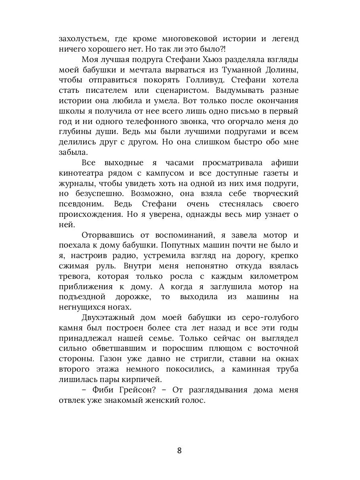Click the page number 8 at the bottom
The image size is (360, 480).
coord(180,450)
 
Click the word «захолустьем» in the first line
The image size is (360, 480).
coord(82,39)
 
